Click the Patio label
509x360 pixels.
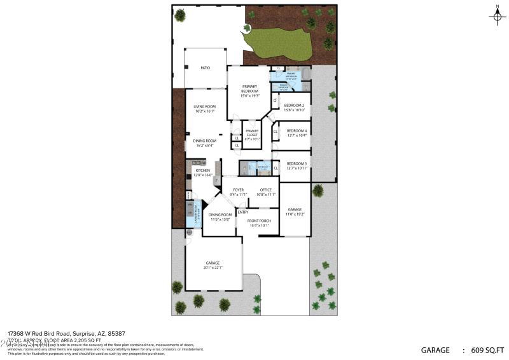point(205,67)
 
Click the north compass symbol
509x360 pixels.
point(497,15)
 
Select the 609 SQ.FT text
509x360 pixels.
point(488,350)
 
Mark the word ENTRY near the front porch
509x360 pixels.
point(243,212)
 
